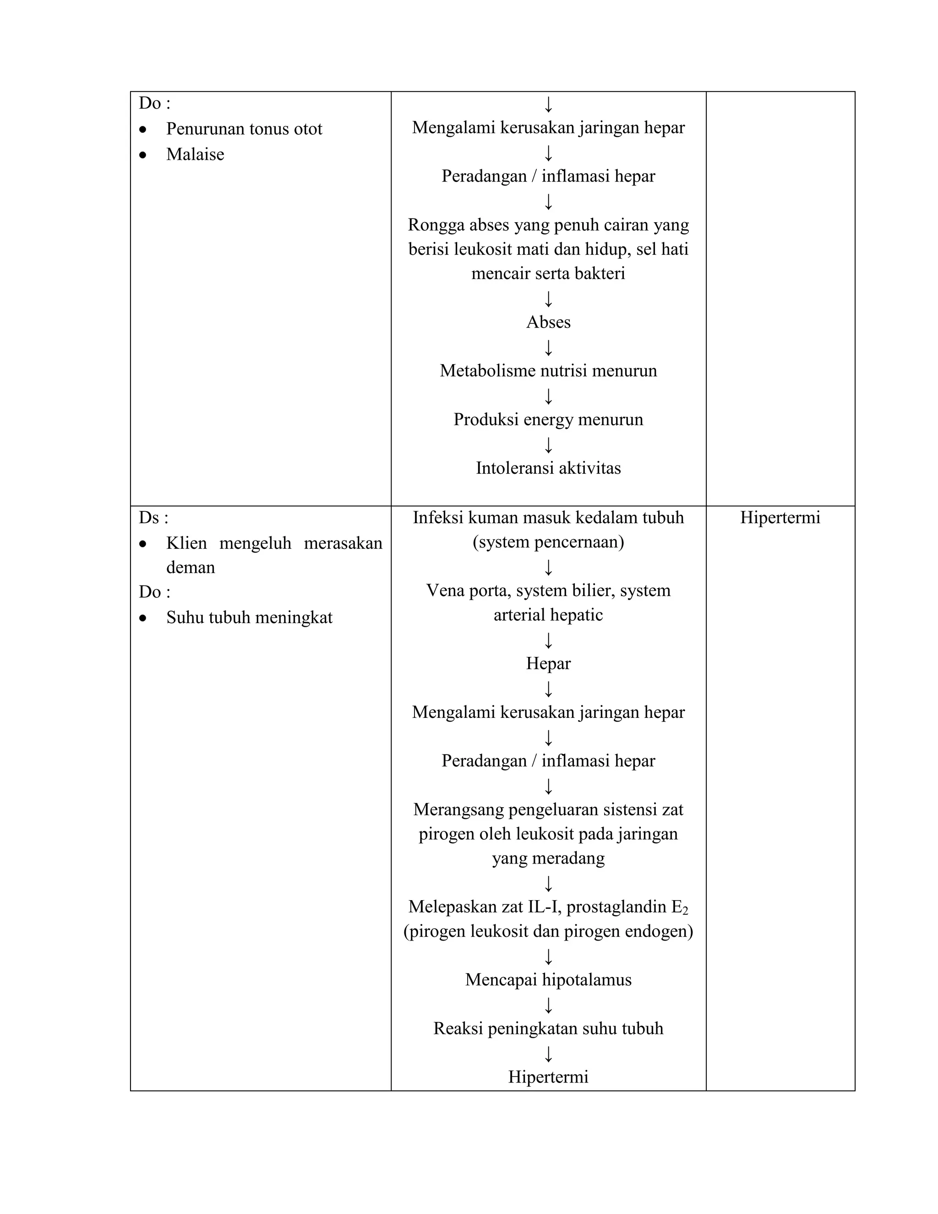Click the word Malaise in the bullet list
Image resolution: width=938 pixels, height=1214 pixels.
[195, 154]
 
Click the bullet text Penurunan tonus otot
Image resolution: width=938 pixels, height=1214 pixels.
[244, 129]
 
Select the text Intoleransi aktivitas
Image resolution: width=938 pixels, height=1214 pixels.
[548, 468]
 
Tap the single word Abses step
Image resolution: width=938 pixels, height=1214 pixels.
[548, 323]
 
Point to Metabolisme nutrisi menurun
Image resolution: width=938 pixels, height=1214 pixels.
[548, 371]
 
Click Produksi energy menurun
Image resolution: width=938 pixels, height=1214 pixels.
[548, 420]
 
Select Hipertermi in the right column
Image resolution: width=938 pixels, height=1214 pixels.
[780, 518]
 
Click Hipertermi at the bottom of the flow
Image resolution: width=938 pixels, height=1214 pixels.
[548, 1077]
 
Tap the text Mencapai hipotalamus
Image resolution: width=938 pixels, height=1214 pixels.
[548, 979]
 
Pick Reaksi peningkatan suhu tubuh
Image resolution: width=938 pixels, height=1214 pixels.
[548, 1028]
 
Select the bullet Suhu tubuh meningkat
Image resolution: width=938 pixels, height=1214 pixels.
[249, 618]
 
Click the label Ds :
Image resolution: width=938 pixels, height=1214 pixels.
[153, 518]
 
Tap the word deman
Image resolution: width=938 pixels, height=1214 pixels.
[190, 568]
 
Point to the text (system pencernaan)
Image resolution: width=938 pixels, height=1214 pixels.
[548, 542]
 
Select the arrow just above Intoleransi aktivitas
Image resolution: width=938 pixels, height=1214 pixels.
[548, 445]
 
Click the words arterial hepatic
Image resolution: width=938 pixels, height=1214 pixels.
[548, 615]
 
